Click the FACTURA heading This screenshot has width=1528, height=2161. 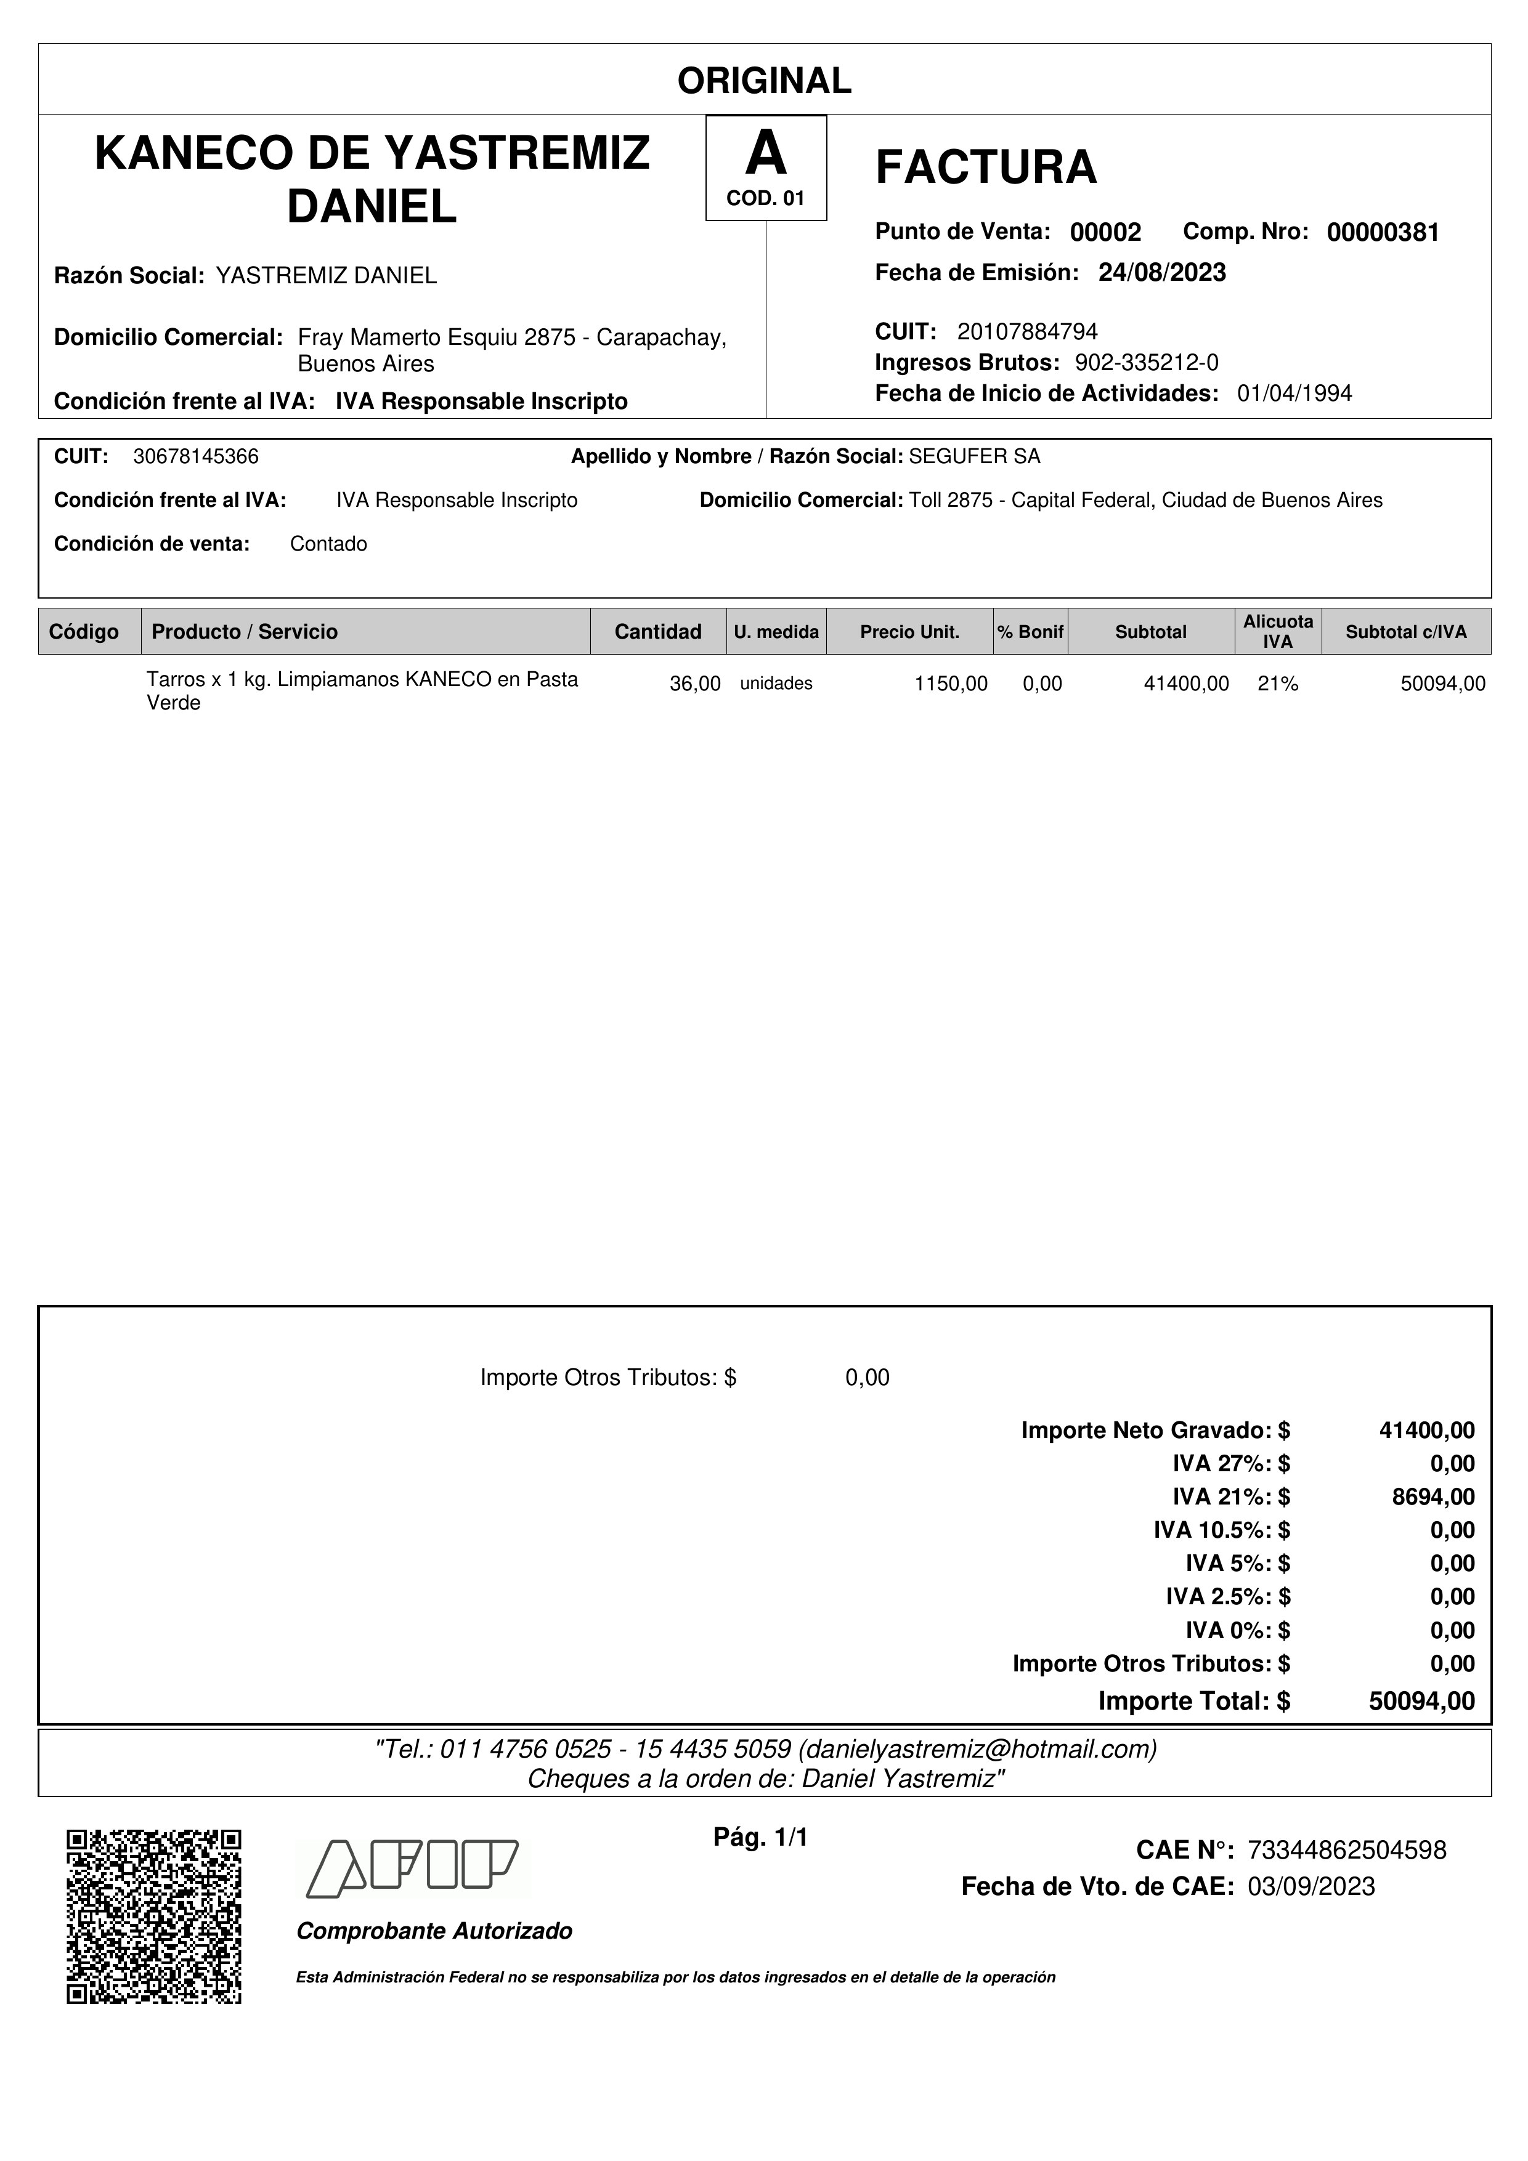[x=986, y=168]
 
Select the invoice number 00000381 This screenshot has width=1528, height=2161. [x=1382, y=232]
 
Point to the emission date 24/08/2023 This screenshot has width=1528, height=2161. [x=1162, y=273]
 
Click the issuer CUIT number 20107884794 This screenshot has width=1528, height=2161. [x=1027, y=331]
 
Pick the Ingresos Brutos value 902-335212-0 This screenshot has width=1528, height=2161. [x=1146, y=362]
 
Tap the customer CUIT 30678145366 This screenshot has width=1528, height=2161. [x=196, y=456]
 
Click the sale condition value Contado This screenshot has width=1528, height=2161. [x=328, y=544]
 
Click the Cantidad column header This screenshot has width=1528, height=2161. [x=657, y=631]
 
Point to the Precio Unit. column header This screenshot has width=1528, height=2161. [x=909, y=631]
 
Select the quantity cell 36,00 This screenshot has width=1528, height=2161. [x=695, y=684]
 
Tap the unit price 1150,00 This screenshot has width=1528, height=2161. [x=951, y=684]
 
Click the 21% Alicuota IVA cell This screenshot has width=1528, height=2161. [x=1278, y=684]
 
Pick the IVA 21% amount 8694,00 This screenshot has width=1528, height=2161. [x=1433, y=1497]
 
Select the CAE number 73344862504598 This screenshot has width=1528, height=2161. [x=1346, y=1851]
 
